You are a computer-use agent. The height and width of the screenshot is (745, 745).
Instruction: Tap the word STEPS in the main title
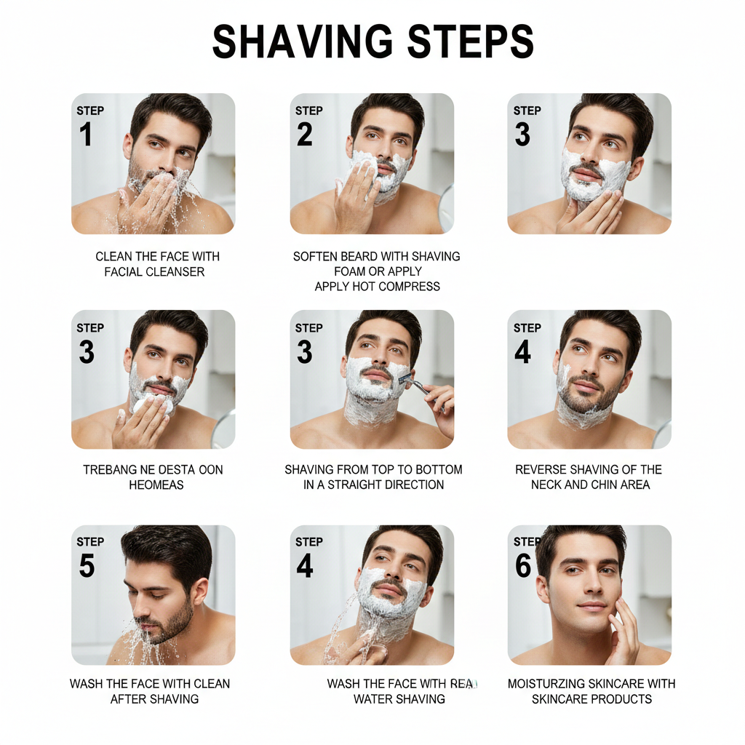click(x=470, y=41)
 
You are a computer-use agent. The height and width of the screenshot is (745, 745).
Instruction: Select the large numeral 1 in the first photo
click(x=86, y=135)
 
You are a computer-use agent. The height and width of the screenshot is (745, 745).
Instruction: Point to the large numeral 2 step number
click(x=305, y=135)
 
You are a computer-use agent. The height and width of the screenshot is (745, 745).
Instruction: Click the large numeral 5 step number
click(x=87, y=565)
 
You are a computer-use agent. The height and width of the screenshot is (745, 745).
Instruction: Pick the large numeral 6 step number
click(x=523, y=565)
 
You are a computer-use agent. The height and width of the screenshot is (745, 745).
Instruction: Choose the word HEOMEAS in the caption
click(x=156, y=485)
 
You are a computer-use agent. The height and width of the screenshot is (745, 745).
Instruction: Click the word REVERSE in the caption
click(x=543, y=470)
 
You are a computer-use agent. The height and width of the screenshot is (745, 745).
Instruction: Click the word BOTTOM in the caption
click(x=438, y=470)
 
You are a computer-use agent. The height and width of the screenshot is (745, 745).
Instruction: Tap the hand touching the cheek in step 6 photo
click(x=623, y=626)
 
